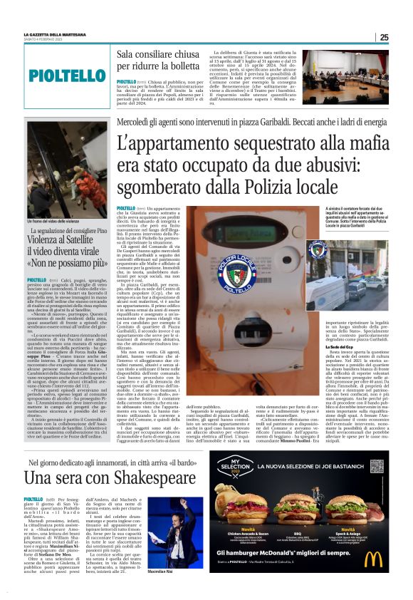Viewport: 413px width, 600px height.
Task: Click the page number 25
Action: [384, 37]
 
